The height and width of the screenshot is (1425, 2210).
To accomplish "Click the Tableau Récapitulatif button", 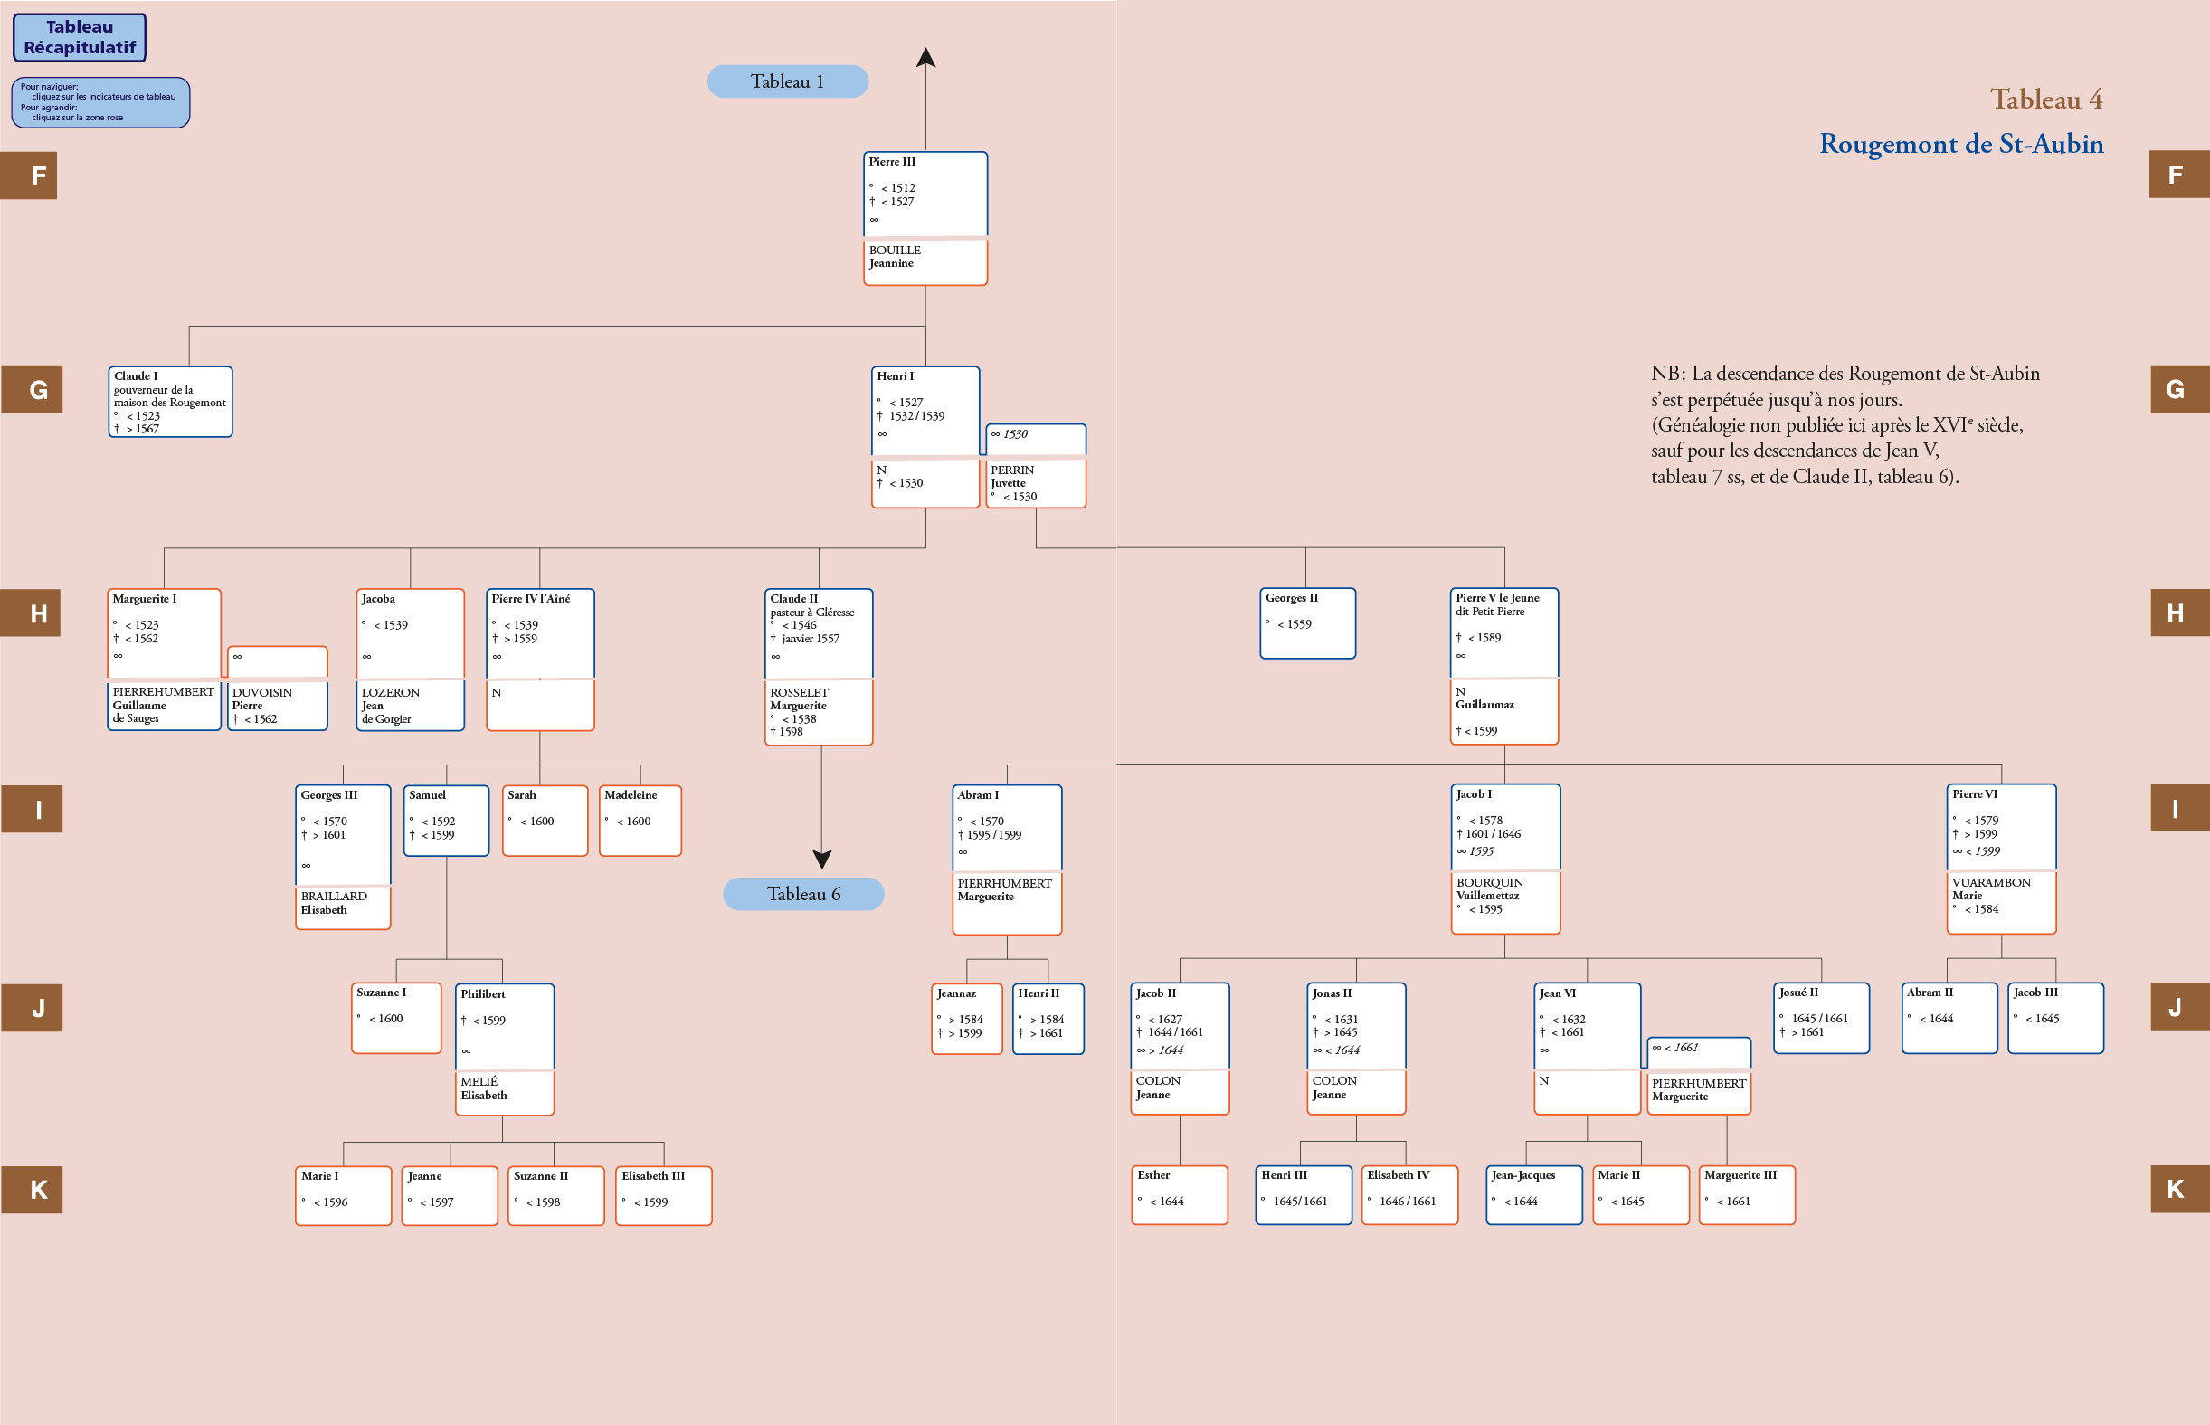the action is [x=80, y=37].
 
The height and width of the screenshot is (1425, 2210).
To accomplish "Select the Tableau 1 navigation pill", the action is [x=787, y=81].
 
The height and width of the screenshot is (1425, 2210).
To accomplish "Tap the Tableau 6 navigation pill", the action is [x=803, y=894].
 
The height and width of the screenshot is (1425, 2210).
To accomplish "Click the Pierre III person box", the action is [x=925, y=194].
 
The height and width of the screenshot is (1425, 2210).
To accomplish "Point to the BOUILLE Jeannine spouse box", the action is [x=925, y=261].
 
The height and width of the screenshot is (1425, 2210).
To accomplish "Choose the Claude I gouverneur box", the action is [x=170, y=402].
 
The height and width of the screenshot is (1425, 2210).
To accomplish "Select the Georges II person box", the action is [x=1307, y=623].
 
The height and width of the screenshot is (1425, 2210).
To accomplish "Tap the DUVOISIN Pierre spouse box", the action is [x=278, y=705].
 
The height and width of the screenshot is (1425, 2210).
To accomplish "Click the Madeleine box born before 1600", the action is [x=640, y=821].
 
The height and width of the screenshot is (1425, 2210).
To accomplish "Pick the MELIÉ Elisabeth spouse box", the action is [x=505, y=1093].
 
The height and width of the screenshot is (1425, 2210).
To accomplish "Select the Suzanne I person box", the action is [x=397, y=1018].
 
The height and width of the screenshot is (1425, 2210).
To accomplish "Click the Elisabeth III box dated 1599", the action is [x=664, y=1195].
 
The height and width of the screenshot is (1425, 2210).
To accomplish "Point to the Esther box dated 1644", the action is [x=1180, y=1194].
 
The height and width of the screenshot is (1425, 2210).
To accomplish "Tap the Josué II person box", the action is [x=1822, y=1018].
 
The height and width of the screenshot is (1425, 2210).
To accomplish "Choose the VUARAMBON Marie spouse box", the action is [x=2002, y=902].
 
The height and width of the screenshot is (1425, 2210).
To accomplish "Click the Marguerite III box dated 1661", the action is [x=1748, y=1194].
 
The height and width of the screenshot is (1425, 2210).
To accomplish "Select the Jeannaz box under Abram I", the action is [x=967, y=1019].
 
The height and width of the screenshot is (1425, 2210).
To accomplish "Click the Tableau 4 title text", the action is [x=2046, y=99].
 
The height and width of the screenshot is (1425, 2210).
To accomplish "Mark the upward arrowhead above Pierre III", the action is [x=926, y=57].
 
